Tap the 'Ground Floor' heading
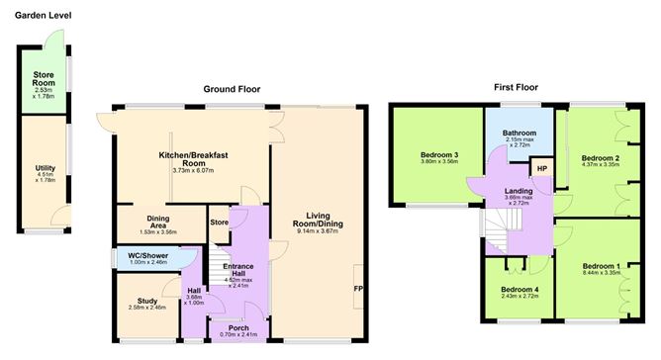pyautogui.click(x=233, y=89)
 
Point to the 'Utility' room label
pyautogui.click(x=45, y=168)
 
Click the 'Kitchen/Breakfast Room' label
pyautogui.click(x=180, y=160)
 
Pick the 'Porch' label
pyautogui.click(x=238, y=327)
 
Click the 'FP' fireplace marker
pyautogui.click(x=359, y=289)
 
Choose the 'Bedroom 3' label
pyautogui.click(x=442, y=155)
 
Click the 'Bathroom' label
pyautogui.click(x=519, y=133)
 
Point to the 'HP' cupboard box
pyautogui.click(x=542, y=169)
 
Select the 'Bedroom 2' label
pyautogui.click(x=601, y=158)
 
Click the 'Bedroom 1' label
pyautogui.click(x=601, y=267)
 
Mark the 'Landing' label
pyautogui.click(x=519, y=190)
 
